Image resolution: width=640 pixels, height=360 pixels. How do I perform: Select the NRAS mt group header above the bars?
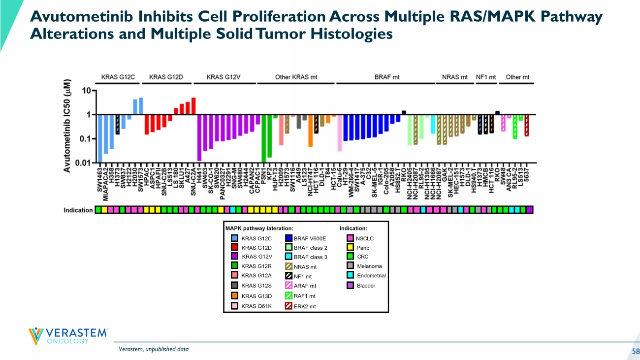[x=455, y=77]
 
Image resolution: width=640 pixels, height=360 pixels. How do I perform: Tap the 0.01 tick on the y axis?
[x=84, y=163]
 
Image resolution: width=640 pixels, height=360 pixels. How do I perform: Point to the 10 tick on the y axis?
[x=86, y=91]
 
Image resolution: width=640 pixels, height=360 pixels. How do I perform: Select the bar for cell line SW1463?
[x=100, y=138]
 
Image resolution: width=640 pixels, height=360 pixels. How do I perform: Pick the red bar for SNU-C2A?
[x=193, y=106]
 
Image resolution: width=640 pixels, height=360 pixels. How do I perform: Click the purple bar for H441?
[x=199, y=137]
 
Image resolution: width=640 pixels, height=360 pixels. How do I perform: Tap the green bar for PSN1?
[x=264, y=138]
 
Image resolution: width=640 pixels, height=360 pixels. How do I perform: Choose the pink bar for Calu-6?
[x=340, y=133]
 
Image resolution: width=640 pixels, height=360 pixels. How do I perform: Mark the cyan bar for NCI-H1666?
[x=433, y=124]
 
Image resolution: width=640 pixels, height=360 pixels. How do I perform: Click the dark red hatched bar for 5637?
[x=527, y=126]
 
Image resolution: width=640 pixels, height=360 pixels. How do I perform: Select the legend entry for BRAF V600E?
[x=305, y=239]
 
